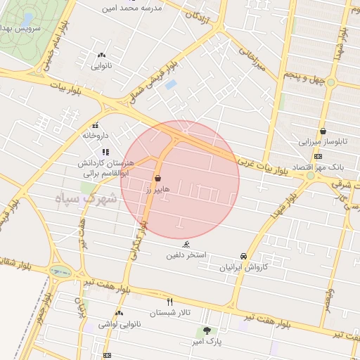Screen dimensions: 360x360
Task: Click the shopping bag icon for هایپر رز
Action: click(x=157, y=179)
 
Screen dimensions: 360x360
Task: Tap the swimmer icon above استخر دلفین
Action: click(x=186, y=244)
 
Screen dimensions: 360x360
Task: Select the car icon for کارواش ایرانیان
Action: click(x=243, y=256)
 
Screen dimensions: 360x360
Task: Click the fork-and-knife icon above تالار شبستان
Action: click(x=169, y=302)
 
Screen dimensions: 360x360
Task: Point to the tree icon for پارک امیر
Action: click(x=207, y=330)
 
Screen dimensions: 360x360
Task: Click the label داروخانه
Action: click(x=96, y=135)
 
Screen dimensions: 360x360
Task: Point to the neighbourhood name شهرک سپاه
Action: click(x=86, y=200)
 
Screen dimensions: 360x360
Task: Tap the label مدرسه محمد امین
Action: click(x=132, y=8)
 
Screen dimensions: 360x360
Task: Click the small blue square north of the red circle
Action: click(x=171, y=85)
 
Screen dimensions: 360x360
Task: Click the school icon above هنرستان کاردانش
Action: click(x=105, y=152)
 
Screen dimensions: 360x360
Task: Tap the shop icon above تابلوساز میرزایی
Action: click(x=323, y=131)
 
